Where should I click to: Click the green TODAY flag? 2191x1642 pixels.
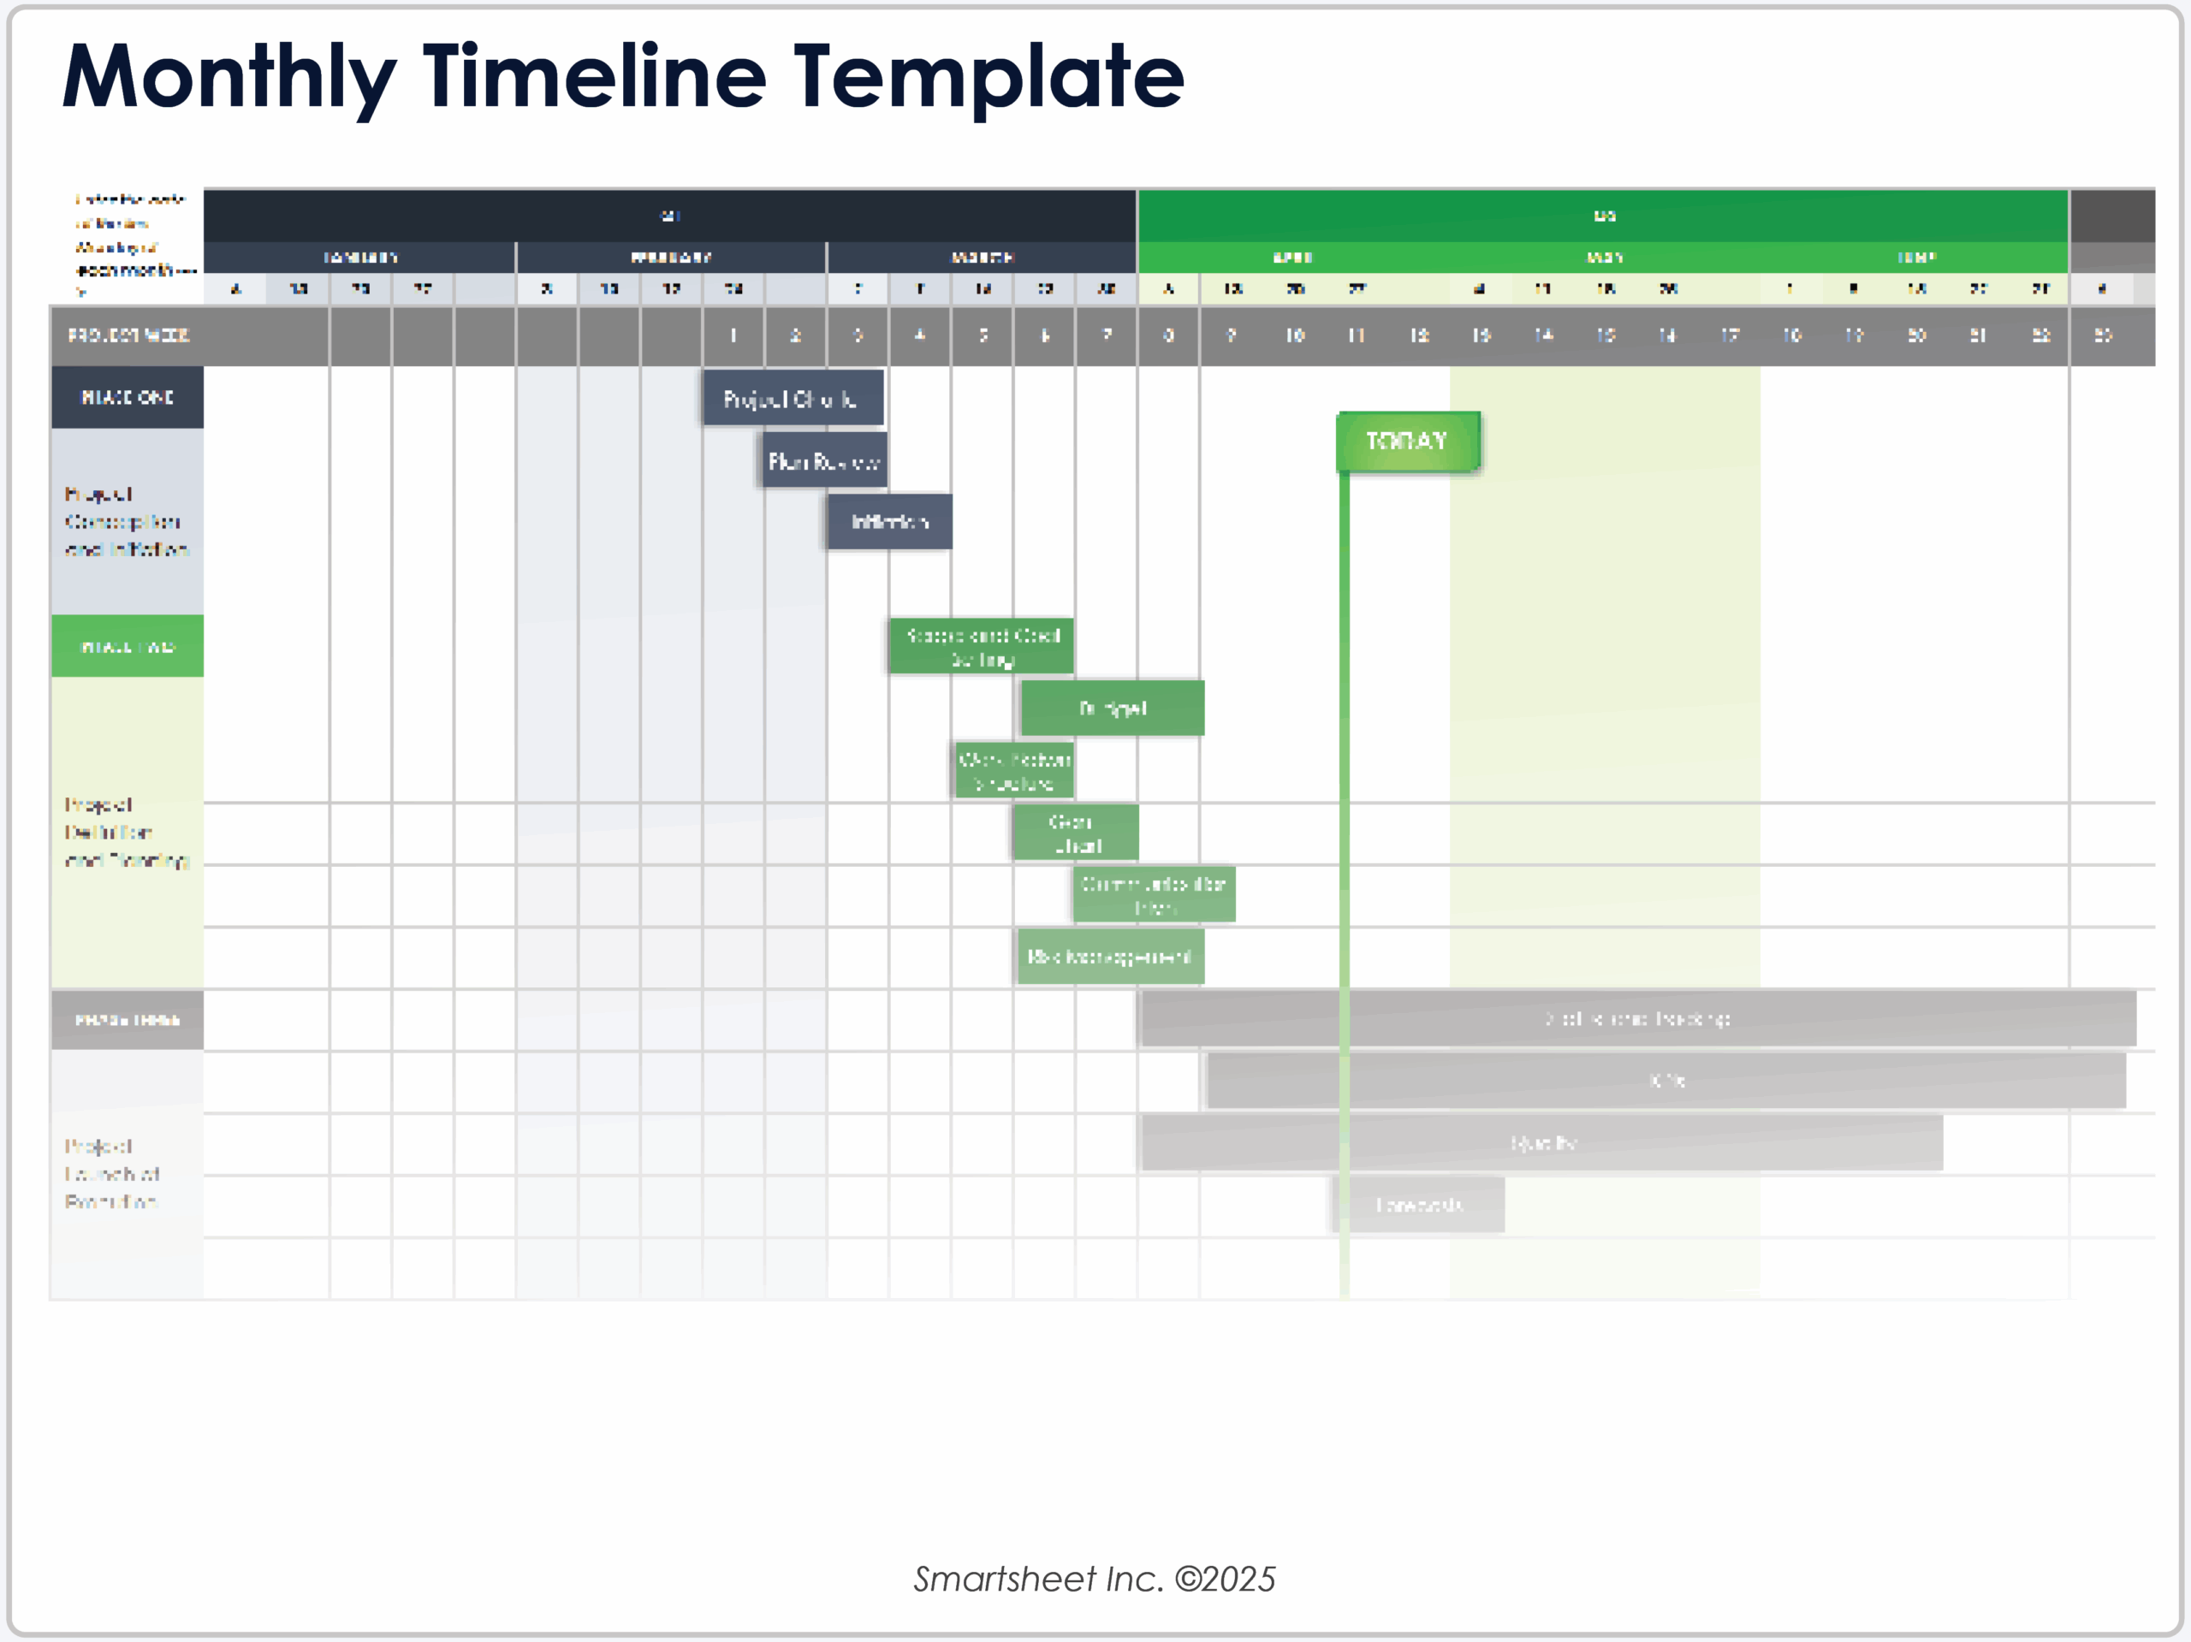[1408, 441]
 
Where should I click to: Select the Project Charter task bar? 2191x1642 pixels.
[793, 398]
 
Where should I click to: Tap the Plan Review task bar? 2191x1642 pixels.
[824, 460]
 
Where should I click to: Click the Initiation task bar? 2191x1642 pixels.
[889, 522]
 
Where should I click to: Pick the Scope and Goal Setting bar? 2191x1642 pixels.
[982, 646]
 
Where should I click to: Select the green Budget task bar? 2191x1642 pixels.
[1113, 708]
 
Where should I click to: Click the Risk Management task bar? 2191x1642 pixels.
[1109, 957]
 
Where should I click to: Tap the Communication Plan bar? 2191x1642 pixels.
[1154, 894]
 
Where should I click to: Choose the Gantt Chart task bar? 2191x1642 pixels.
[1076, 833]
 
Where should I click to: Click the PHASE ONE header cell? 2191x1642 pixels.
[127, 397]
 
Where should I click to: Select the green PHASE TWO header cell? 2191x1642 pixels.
[127, 647]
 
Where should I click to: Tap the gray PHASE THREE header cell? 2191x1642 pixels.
[127, 1020]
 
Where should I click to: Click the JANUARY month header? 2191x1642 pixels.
[359, 258]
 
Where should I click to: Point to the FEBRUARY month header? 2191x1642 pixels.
[671, 258]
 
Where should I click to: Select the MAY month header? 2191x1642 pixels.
[1604, 258]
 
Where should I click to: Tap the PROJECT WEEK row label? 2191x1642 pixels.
[128, 335]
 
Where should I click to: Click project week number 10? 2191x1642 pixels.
[1295, 335]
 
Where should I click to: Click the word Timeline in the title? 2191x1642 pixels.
[594, 77]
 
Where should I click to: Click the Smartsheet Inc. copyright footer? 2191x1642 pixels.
[1095, 1579]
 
